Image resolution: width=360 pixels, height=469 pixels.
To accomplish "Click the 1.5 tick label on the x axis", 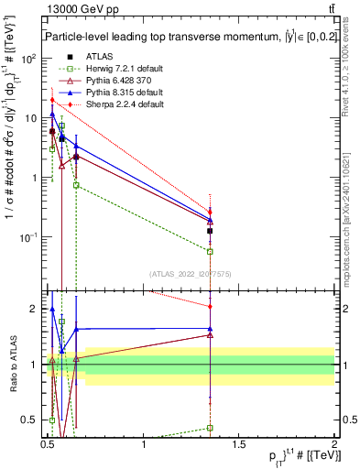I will pos(240,443).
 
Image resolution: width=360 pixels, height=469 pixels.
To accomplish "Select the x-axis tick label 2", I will pos(334,443).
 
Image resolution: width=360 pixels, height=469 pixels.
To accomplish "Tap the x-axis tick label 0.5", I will pos(49,443).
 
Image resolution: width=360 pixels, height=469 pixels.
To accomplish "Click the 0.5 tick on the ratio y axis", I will pos(36,420).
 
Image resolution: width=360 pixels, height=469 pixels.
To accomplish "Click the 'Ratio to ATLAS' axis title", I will pos(12,364).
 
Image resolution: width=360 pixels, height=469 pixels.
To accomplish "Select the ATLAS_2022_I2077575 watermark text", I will pos(191,273).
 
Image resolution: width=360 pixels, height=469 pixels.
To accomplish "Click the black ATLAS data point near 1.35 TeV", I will pos(211,231).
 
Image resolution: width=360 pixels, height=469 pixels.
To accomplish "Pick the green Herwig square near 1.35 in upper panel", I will pos(211,251).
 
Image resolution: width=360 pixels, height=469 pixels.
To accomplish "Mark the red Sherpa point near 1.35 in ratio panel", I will pos(211,306).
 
